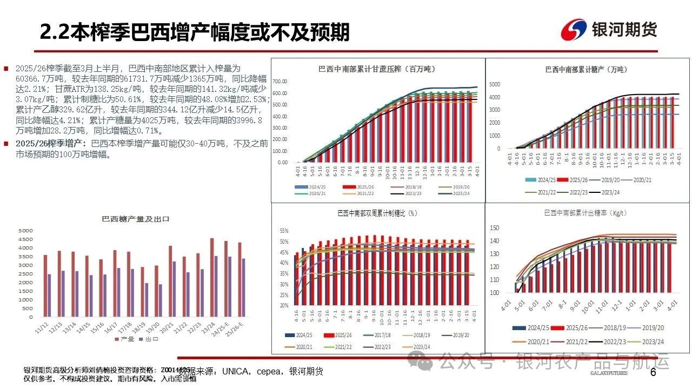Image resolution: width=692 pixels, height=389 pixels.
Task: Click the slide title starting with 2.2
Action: click(195, 31)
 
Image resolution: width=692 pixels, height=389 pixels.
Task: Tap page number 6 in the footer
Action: click(653, 373)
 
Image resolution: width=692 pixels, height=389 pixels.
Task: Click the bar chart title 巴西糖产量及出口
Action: click(136, 219)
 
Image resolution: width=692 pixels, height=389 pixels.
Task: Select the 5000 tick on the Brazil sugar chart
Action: click(26, 231)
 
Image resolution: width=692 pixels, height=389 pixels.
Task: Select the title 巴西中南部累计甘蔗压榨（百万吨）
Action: click(377, 69)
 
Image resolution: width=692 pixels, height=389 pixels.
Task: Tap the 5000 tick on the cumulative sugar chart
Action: click(496, 84)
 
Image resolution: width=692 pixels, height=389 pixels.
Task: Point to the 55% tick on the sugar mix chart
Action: click(284, 231)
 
